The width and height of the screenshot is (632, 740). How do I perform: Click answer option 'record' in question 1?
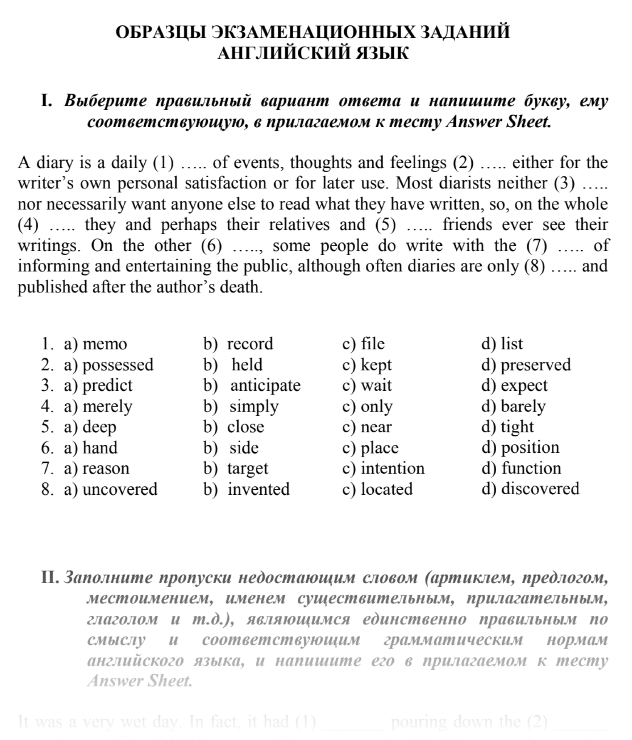click(x=250, y=344)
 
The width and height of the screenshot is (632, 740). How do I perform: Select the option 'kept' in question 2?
click(x=376, y=365)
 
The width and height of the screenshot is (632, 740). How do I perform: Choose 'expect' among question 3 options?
click(x=524, y=385)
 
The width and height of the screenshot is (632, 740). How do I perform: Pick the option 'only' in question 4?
click(x=376, y=406)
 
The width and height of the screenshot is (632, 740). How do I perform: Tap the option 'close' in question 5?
click(x=245, y=427)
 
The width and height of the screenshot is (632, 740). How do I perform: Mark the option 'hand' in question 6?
click(x=100, y=448)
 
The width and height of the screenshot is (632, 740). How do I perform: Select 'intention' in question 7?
click(x=393, y=469)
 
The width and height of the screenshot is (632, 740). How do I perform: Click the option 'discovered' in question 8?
click(x=540, y=489)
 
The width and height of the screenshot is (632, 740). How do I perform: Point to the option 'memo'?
click(x=105, y=344)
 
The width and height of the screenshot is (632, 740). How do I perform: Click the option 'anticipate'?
click(x=265, y=385)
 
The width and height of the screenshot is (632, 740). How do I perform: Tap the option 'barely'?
click(x=523, y=406)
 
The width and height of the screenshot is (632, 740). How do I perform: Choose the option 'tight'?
click(x=517, y=427)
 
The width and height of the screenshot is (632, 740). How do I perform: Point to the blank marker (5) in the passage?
click(x=385, y=225)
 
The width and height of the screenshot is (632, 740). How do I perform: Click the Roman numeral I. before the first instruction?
click(x=46, y=101)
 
